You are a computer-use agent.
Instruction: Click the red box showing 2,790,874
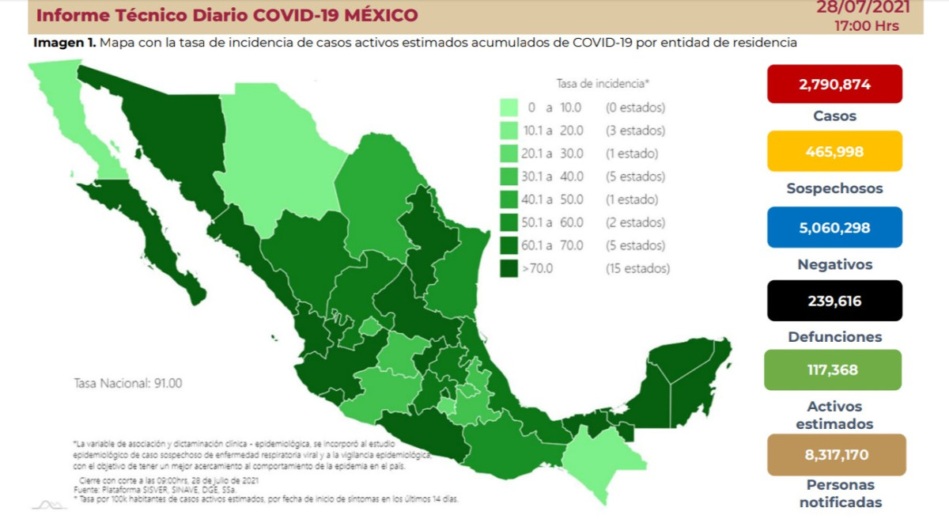point(834,84)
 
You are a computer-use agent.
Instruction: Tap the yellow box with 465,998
point(834,151)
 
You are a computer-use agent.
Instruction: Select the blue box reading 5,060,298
point(834,227)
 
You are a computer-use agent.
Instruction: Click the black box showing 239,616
point(834,301)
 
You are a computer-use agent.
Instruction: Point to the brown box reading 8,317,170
point(834,455)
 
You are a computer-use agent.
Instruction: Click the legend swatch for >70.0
point(509,268)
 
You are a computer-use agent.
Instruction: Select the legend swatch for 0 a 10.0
point(509,108)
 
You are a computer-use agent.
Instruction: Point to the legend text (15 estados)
point(637,268)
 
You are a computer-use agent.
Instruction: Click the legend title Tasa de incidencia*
point(603,83)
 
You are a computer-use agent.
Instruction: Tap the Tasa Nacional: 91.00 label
point(127,383)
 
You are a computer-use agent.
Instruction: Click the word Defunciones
point(834,337)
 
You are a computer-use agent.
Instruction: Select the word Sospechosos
point(834,189)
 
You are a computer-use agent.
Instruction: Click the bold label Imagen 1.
point(64,43)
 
